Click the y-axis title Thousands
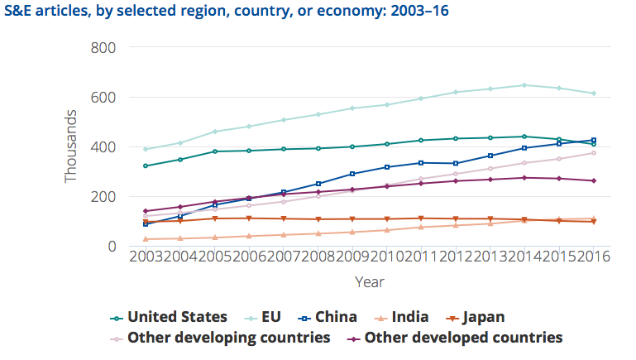tap(72, 146)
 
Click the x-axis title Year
tap(369, 282)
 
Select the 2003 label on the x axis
tap(146, 257)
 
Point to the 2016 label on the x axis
tap(593, 257)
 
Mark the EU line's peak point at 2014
tap(524, 84)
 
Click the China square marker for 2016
tap(593, 140)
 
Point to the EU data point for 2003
tap(146, 149)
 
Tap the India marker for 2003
tap(146, 239)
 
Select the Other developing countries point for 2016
tap(593, 153)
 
